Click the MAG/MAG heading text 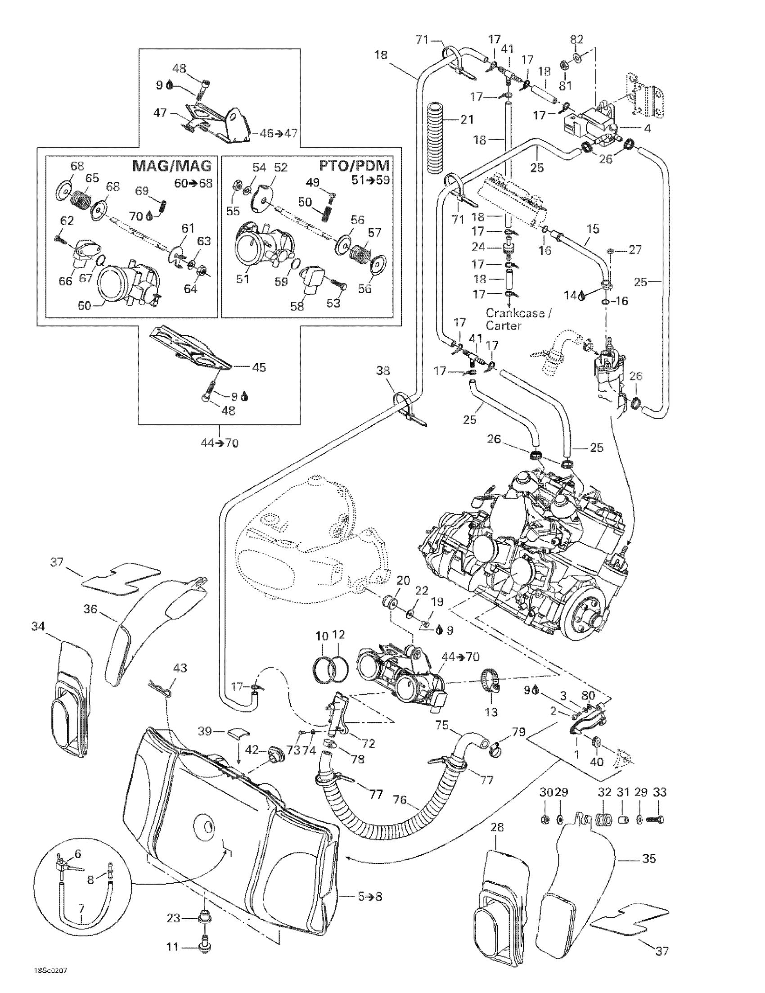coord(172,166)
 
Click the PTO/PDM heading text coord(354,166)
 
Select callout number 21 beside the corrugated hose coord(466,120)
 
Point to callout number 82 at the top coord(576,39)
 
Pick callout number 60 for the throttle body coord(85,305)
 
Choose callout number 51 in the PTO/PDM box coord(243,278)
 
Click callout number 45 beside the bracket coord(259,367)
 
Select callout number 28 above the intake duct coord(497,827)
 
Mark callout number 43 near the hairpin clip coord(180,668)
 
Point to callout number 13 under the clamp coord(491,712)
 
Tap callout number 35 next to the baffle coord(649,858)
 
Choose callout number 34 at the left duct coord(38,626)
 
